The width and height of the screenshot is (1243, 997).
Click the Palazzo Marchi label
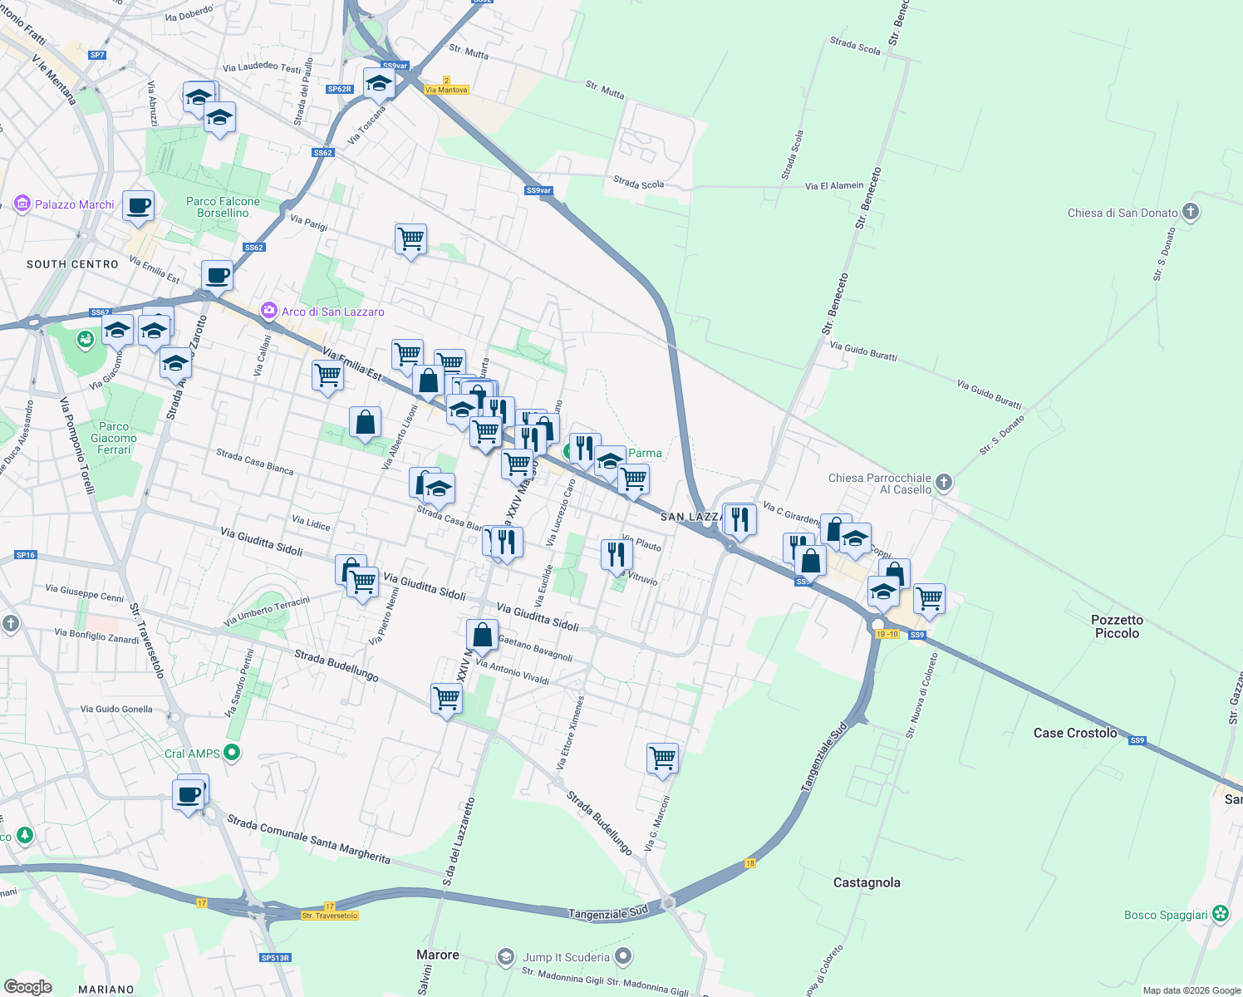[x=74, y=204]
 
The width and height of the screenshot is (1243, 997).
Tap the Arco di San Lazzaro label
[x=332, y=312]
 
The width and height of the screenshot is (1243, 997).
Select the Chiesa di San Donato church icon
[x=1191, y=212]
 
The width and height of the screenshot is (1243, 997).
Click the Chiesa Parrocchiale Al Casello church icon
[x=943, y=482]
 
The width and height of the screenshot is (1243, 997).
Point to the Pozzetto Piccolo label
[x=1117, y=626]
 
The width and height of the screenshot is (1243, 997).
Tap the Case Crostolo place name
[x=1075, y=733]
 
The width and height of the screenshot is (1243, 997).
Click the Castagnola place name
[x=867, y=882]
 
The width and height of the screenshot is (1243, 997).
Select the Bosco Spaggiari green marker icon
[x=1220, y=914]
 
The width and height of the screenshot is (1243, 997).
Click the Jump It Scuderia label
[x=566, y=957]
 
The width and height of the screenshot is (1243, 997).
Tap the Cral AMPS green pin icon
[x=233, y=754]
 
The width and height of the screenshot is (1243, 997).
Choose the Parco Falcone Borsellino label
[x=223, y=207]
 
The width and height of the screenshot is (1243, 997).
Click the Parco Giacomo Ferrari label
[x=114, y=438]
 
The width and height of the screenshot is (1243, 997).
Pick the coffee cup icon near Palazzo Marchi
[x=139, y=206]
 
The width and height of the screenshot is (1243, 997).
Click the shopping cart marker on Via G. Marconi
[x=662, y=758]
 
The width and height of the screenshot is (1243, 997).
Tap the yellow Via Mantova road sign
[x=446, y=90]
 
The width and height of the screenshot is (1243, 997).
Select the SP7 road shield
[x=97, y=55]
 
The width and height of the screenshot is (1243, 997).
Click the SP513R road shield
[x=275, y=958]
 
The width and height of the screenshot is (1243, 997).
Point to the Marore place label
[x=438, y=955]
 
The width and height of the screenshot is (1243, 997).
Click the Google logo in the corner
[x=27, y=987]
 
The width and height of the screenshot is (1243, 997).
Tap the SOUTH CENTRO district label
[x=72, y=264]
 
